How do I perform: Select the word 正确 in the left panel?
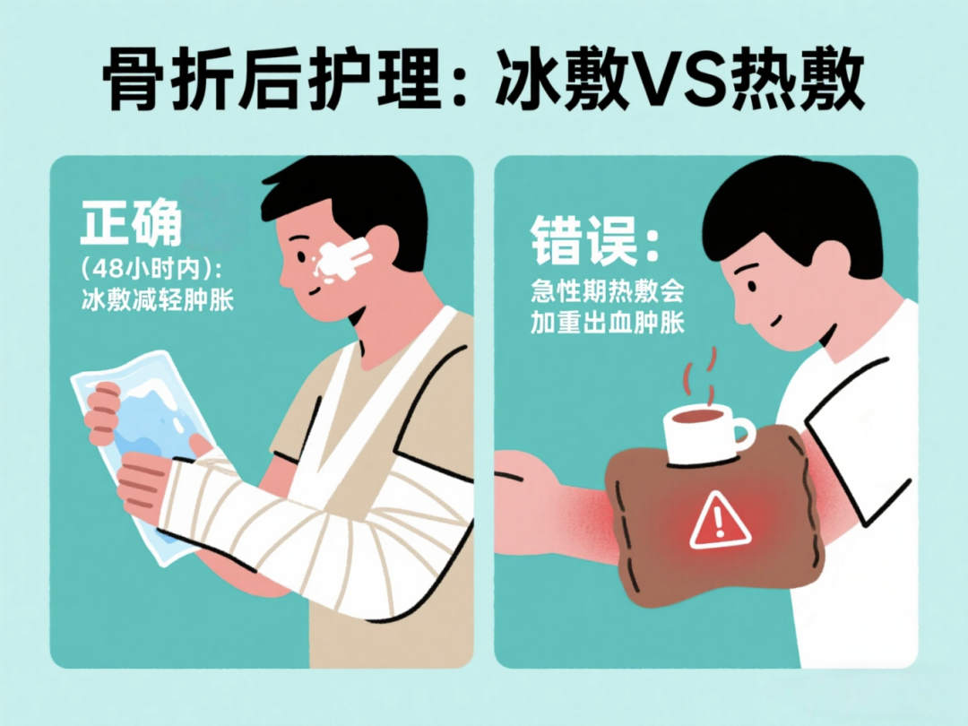click(131, 222)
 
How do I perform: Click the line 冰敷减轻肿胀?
click(158, 300)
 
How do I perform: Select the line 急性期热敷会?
click(608, 291)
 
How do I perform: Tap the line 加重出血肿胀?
click(608, 323)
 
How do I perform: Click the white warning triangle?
click(719, 522)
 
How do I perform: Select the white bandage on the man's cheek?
click(342, 259)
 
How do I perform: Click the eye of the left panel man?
click(301, 255)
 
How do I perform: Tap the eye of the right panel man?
click(751, 286)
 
